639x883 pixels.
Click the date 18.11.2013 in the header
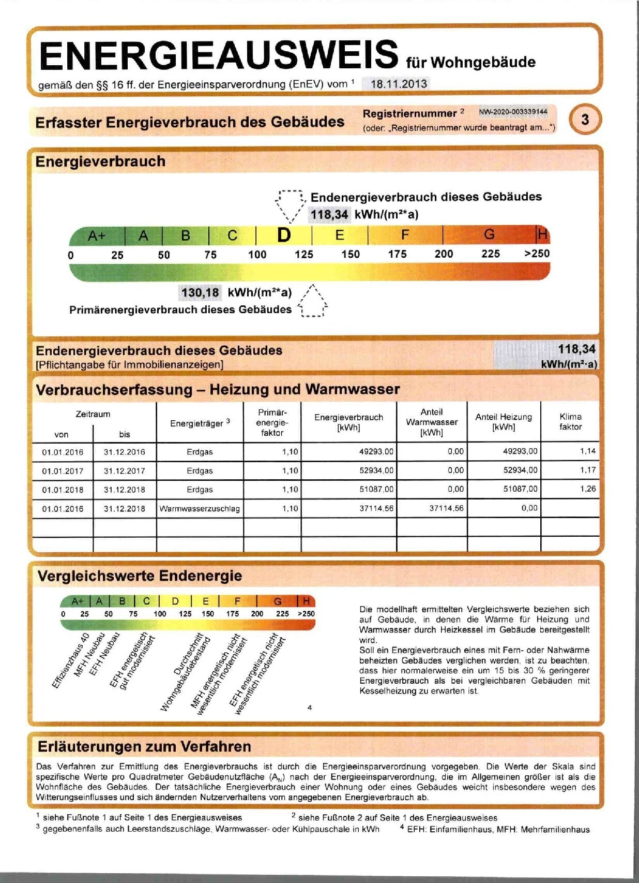(399, 84)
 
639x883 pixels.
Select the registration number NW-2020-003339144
(513, 112)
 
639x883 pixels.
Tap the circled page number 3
(585, 120)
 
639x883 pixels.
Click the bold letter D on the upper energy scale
(284, 236)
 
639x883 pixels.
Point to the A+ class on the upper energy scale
(97, 236)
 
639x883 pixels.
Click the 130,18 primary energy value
(200, 292)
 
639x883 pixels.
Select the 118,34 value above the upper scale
(329, 214)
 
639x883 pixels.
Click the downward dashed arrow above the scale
(290, 205)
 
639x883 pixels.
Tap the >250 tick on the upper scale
(537, 254)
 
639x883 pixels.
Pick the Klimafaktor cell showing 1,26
(587, 489)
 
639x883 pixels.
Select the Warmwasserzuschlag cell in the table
(200, 509)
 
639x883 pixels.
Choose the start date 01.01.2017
(63, 471)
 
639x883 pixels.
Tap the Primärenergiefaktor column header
(272, 422)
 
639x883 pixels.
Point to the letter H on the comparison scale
(306, 601)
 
